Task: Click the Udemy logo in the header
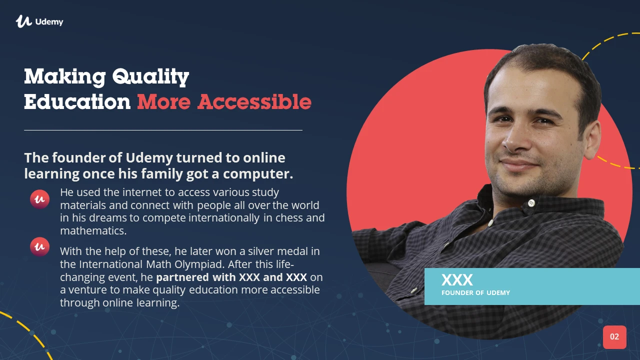click(39, 21)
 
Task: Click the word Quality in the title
click(150, 77)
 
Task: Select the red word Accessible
click(254, 101)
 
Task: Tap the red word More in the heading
click(163, 102)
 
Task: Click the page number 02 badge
click(614, 337)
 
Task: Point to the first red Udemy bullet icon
click(39, 199)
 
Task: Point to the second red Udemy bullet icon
click(39, 246)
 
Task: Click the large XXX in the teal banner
click(457, 280)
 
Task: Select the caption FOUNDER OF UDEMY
click(475, 293)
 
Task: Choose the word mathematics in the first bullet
click(93, 231)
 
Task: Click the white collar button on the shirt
click(531, 203)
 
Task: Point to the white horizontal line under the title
click(163, 130)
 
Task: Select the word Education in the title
click(77, 102)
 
